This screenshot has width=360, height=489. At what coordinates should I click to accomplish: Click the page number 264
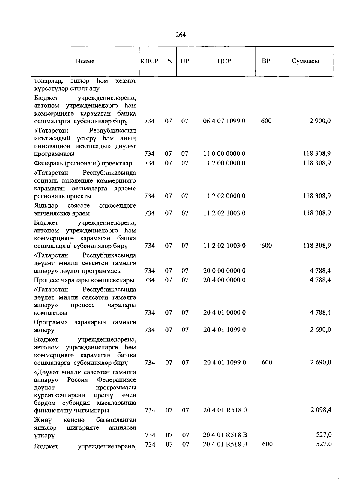pyautogui.click(x=181, y=35)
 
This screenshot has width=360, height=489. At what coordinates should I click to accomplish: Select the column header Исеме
pyautogui.click(x=85, y=61)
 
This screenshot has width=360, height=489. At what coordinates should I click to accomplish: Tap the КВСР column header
pyautogui.click(x=149, y=61)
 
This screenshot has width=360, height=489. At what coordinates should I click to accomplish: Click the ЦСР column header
pyautogui.click(x=224, y=61)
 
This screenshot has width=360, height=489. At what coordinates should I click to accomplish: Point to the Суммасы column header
pyautogui.click(x=305, y=61)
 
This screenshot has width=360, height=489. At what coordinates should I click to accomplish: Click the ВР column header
pyautogui.click(x=266, y=61)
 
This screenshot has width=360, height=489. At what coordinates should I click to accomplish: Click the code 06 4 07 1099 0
pyautogui.click(x=224, y=121)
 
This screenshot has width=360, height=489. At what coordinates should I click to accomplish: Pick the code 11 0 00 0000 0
pyautogui.click(x=224, y=154)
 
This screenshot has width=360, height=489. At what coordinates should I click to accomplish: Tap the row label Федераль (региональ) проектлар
pyautogui.click(x=83, y=163)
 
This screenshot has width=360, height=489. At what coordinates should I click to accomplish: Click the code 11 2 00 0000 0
pyautogui.click(x=224, y=163)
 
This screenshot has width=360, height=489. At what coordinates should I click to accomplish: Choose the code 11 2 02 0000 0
pyautogui.click(x=224, y=196)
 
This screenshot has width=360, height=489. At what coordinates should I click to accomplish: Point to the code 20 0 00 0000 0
pyautogui.click(x=224, y=271)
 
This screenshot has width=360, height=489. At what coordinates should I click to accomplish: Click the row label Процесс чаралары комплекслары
pyautogui.click(x=84, y=280)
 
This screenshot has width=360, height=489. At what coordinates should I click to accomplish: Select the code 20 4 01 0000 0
pyautogui.click(x=224, y=313)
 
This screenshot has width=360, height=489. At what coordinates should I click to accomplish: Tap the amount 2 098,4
pyautogui.click(x=321, y=410)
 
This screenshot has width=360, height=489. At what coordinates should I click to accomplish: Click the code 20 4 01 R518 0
pyautogui.click(x=225, y=410)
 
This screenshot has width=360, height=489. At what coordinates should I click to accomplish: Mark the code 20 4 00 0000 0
pyautogui.click(x=224, y=280)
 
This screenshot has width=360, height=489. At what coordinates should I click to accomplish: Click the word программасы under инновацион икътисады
pyautogui.click(x=54, y=154)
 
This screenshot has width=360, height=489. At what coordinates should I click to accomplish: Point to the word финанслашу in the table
pyautogui.click(x=51, y=410)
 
